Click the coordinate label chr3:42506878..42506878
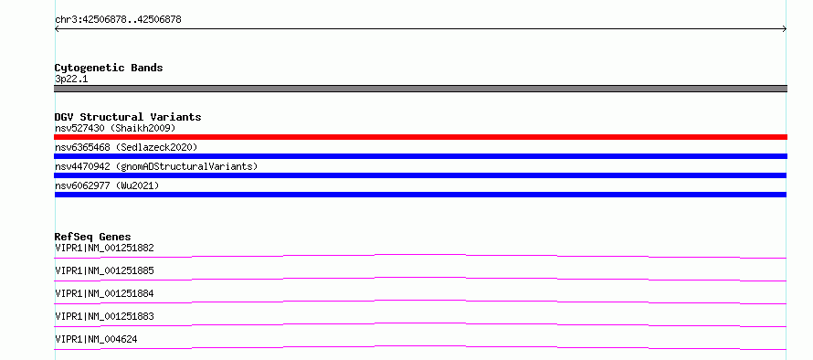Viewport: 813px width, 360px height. click(118, 20)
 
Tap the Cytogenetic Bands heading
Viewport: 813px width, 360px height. click(109, 68)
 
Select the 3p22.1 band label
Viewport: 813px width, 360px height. click(71, 79)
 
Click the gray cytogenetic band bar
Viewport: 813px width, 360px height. click(420, 89)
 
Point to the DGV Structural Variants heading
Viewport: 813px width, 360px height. click(128, 117)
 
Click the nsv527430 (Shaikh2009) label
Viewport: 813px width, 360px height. click(115, 128)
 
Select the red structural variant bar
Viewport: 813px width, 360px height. click(420, 137)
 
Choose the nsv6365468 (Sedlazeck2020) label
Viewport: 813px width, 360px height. click(126, 147)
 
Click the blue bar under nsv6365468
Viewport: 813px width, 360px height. click(420, 156)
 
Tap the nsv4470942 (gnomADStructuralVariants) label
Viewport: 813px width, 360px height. click(156, 166)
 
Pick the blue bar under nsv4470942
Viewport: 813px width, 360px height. click(420, 175)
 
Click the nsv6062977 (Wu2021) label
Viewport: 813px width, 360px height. click(107, 185)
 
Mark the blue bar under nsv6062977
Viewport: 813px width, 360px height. click(420, 195)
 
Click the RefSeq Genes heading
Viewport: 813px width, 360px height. click(93, 237)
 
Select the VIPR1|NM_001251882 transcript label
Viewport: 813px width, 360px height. click(104, 248)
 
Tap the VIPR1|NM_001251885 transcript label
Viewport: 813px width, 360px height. click(104, 270)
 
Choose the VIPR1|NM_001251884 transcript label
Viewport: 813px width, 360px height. click(104, 293)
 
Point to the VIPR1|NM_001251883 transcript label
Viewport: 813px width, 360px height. click(104, 316)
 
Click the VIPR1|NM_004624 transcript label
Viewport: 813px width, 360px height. click(96, 339)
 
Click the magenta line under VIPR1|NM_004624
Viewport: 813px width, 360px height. click(420, 346)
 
